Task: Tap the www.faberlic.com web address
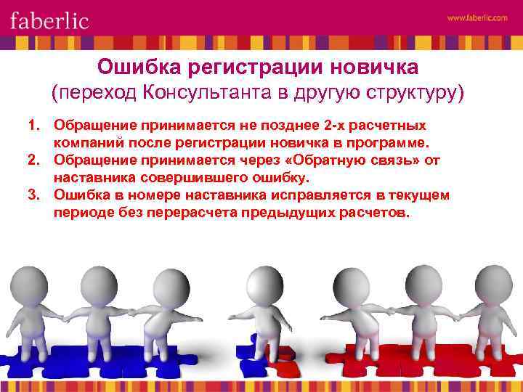[x=477, y=19]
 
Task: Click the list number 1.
[x=33, y=126]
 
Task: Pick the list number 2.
[x=33, y=160]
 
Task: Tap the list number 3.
[x=33, y=195]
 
